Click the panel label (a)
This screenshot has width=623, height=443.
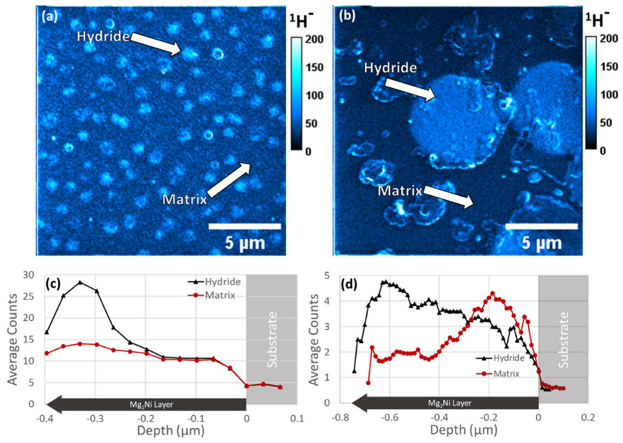50,17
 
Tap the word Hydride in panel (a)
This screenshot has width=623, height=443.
103,36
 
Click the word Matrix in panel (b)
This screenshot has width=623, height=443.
400,190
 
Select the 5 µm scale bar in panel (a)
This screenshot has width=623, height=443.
245,226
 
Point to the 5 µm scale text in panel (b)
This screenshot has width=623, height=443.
541,243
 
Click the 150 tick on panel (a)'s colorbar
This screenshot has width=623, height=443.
314,67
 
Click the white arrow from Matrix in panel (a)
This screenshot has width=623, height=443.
229,180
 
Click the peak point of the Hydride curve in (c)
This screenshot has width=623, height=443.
80,282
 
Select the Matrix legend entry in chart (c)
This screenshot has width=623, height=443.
219,295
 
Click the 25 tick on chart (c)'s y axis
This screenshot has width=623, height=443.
29,296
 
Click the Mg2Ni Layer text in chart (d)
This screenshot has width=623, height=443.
449,403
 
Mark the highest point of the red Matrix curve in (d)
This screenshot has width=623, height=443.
492,293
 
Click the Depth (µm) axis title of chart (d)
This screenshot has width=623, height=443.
463,430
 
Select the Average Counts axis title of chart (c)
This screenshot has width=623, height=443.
13,339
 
